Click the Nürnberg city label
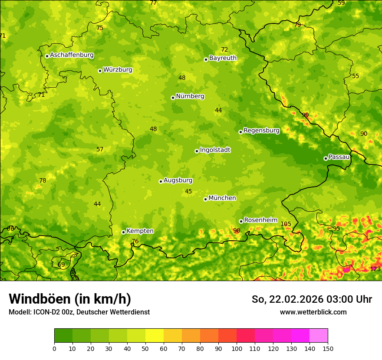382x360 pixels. pos(190,96)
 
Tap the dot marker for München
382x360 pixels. pos(205,199)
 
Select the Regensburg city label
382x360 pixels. pos(261,131)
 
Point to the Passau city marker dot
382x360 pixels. pos(326,158)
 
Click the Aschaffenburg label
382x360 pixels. pos(72,55)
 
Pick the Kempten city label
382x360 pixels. pos(140,231)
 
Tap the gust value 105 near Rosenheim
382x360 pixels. pos(286,224)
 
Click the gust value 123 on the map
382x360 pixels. pos(375,269)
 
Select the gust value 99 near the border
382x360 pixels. pos(305,115)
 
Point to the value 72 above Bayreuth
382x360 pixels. pos(224,50)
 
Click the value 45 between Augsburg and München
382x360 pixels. pos(188,191)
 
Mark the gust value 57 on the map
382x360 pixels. pos(100,150)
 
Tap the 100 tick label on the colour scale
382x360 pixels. pos(237,348)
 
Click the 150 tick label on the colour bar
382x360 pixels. pos(328,348)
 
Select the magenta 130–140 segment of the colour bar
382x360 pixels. pos(300,336)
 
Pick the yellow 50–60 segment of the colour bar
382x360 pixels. pos(155,336)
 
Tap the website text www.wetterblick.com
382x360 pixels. pos(313,312)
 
